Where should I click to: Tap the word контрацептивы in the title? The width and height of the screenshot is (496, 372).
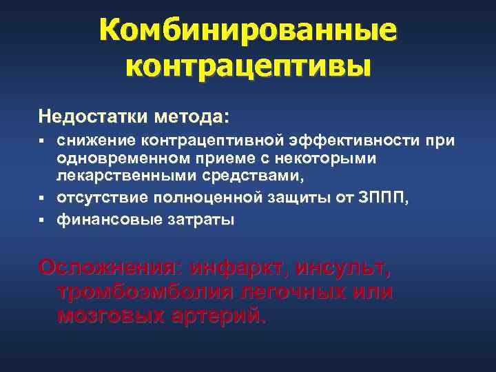coord(248,65)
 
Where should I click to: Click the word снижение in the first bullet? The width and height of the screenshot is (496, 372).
coord(96,141)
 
